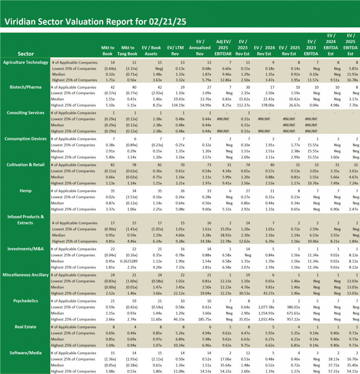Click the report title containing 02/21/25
tap(95, 22)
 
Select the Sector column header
tap(26, 54)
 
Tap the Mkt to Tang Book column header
tap(128, 50)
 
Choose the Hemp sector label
tap(26, 191)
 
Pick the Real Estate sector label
tap(26, 327)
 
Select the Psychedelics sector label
tap(26, 301)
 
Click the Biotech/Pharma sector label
tap(26, 87)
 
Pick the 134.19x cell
tap(177, 105)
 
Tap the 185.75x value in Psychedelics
tap(203, 319)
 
